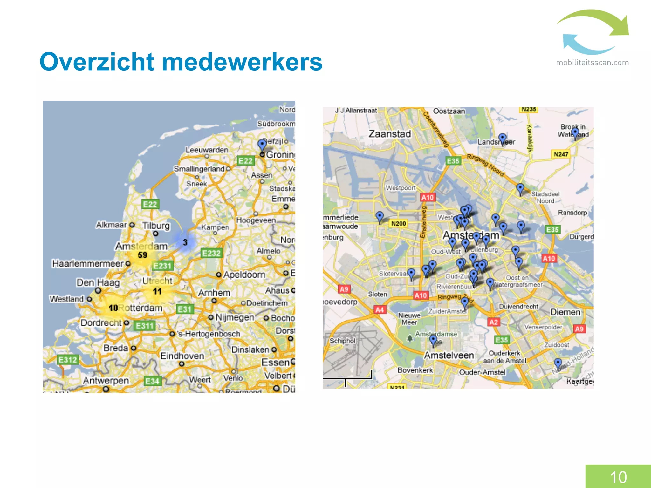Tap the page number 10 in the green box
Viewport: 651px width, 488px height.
click(618, 477)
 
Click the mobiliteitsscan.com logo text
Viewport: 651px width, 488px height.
click(592, 63)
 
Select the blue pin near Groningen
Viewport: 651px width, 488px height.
click(262, 145)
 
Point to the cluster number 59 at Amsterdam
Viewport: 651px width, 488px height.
click(142, 255)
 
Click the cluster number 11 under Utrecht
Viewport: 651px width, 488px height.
click(157, 291)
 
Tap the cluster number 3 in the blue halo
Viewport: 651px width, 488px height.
click(185, 242)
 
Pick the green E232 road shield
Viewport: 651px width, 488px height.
click(211, 253)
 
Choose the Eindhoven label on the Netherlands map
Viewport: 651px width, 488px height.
click(182, 356)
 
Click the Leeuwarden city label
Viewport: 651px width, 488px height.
click(207, 150)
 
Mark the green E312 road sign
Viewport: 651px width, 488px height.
click(68, 360)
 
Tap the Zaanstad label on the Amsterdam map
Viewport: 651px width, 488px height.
click(390, 134)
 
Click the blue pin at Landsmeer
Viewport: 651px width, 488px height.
click(502, 139)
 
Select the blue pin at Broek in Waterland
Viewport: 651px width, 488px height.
click(575, 132)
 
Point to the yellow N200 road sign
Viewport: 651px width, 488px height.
click(399, 223)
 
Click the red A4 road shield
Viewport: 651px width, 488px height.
click(380, 310)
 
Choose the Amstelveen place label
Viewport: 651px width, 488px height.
click(449, 355)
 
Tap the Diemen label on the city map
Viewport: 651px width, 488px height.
click(565, 312)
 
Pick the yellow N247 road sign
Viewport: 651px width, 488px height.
click(561, 154)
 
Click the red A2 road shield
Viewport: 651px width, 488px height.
click(494, 322)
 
